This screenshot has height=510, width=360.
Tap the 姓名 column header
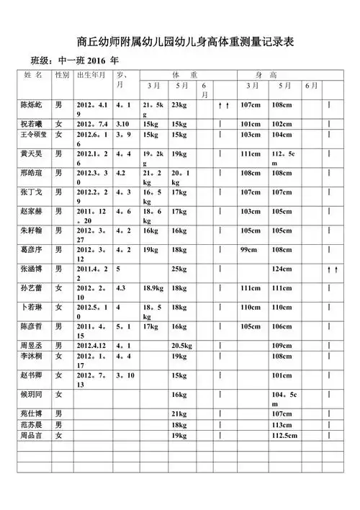point(34,75)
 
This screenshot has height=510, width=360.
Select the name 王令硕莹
point(35,134)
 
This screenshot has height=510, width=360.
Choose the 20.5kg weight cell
point(181,346)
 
